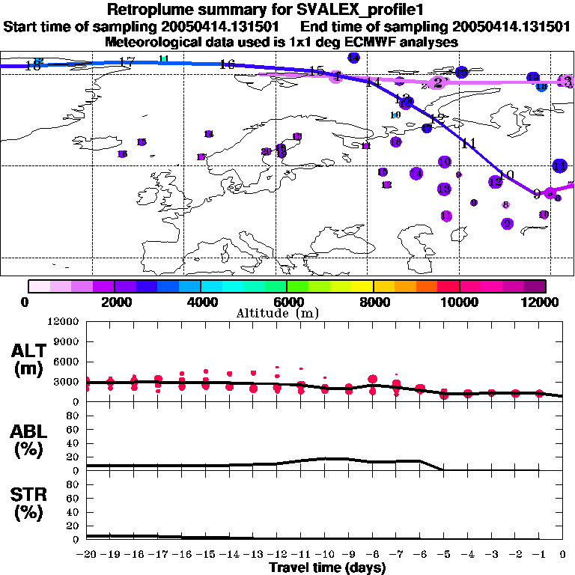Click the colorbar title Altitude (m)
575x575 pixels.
(x=287, y=313)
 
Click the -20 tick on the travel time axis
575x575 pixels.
(x=87, y=554)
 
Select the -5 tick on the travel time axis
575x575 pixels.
(x=444, y=554)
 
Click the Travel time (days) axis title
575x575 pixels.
(x=327, y=568)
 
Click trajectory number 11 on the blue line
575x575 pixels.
(x=469, y=144)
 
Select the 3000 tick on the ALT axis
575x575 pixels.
(x=68, y=382)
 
